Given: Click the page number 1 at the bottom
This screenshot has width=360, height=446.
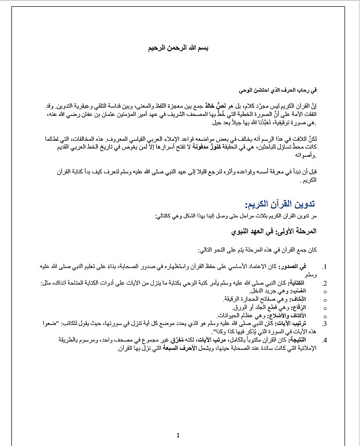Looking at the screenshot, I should pyautogui.click(x=178, y=435).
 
